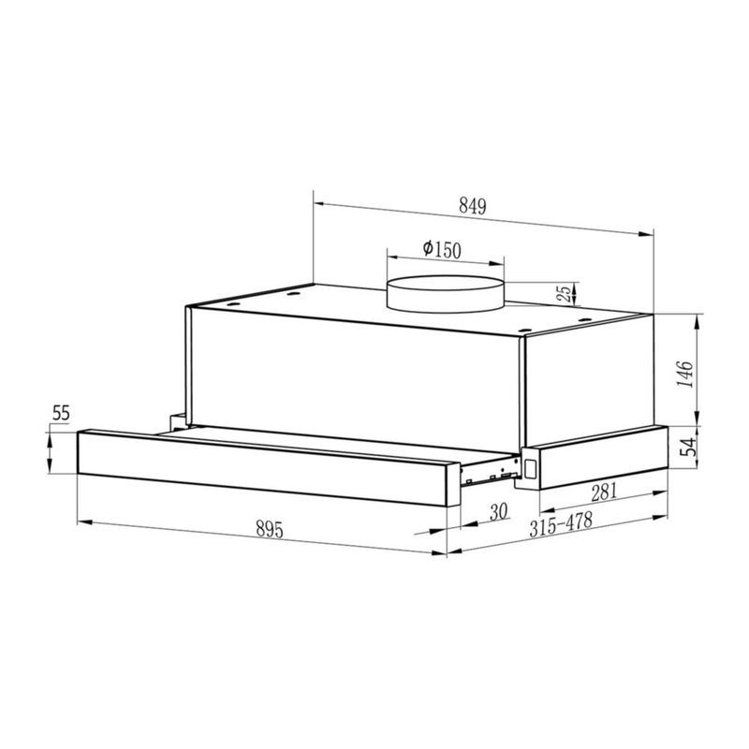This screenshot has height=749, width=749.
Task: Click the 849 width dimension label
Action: (473, 206)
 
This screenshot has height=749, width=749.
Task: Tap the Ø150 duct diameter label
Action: (442, 249)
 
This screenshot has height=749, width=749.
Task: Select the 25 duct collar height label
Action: (565, 293)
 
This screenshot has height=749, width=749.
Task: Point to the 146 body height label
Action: (685, 374)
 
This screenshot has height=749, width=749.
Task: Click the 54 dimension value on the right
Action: (688, 448)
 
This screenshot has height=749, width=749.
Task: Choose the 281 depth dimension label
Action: (604, 492)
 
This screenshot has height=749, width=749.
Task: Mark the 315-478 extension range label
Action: (561, 524)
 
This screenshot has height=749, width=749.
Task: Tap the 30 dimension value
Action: (498, 512)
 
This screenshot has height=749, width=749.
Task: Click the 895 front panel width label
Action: (270, 529)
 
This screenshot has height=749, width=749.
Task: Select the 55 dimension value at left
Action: (61, 413)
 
